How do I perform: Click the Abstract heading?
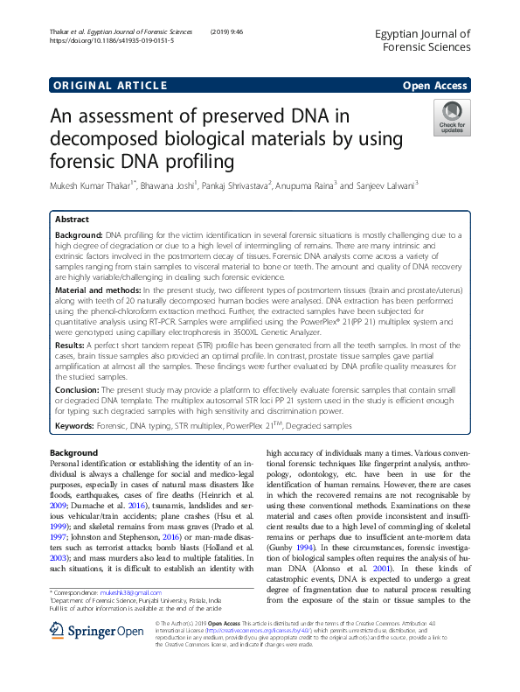[73, 220]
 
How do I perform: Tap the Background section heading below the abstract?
[73, 452]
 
